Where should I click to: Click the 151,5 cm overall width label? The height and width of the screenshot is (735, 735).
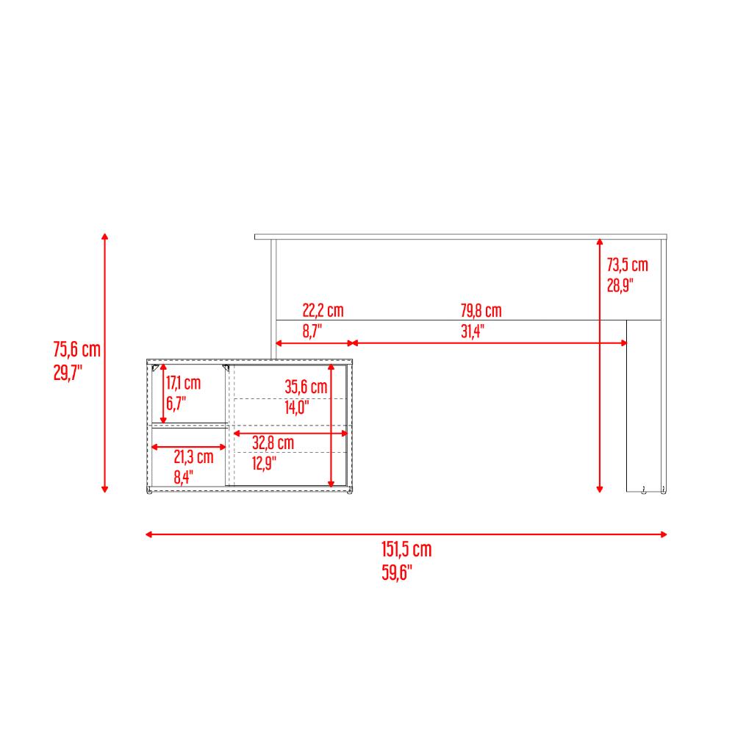tap(406, 549)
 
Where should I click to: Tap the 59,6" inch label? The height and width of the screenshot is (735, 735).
tap(397, 573)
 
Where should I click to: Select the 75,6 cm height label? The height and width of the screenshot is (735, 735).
tap(77, 350)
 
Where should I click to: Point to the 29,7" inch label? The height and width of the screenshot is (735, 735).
tap(68, 373)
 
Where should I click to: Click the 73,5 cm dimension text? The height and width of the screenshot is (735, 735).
tap(627, 265)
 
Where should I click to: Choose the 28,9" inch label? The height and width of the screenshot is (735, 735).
tap(620, 285)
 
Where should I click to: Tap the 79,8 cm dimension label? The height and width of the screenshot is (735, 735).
tap(481, 310)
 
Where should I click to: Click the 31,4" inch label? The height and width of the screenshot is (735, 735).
tap(472, 331)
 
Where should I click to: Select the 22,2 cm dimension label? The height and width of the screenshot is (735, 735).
tap(323, 310)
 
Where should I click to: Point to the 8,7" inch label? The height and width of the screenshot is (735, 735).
tap(312, 331)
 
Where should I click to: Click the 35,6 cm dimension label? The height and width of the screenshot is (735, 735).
tap(306, 387)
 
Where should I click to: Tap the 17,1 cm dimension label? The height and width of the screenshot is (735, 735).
tap(183, 383)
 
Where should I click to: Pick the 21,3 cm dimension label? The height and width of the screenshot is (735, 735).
tap(193, 456)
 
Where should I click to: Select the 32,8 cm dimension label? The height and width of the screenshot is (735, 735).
tap(273, 442)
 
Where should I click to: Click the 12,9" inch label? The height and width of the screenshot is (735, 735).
tap(265, 463)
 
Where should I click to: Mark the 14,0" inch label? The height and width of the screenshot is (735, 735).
tap(297, 407)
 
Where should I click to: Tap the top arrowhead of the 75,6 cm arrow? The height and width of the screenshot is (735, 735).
tap(105, 236)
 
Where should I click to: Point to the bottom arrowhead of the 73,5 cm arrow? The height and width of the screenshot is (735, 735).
tap(600, 490)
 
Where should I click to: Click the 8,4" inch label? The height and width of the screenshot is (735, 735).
tap(183, 477)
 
